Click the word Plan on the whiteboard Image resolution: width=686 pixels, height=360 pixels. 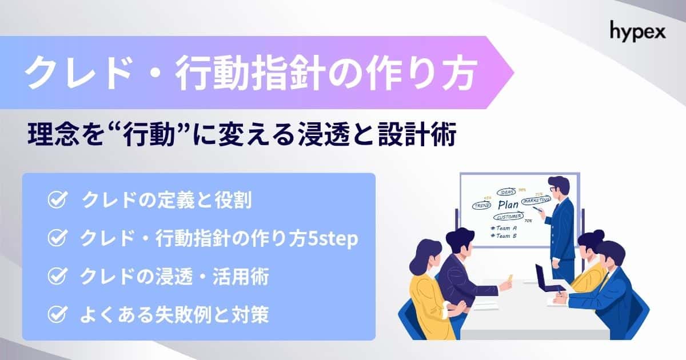[x=508, y=205]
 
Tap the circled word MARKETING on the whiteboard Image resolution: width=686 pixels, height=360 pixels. [x=536, y=200]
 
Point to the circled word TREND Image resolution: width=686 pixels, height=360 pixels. [x=481, y=205]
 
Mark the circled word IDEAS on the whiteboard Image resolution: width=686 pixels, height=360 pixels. [x=506, y=192]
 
